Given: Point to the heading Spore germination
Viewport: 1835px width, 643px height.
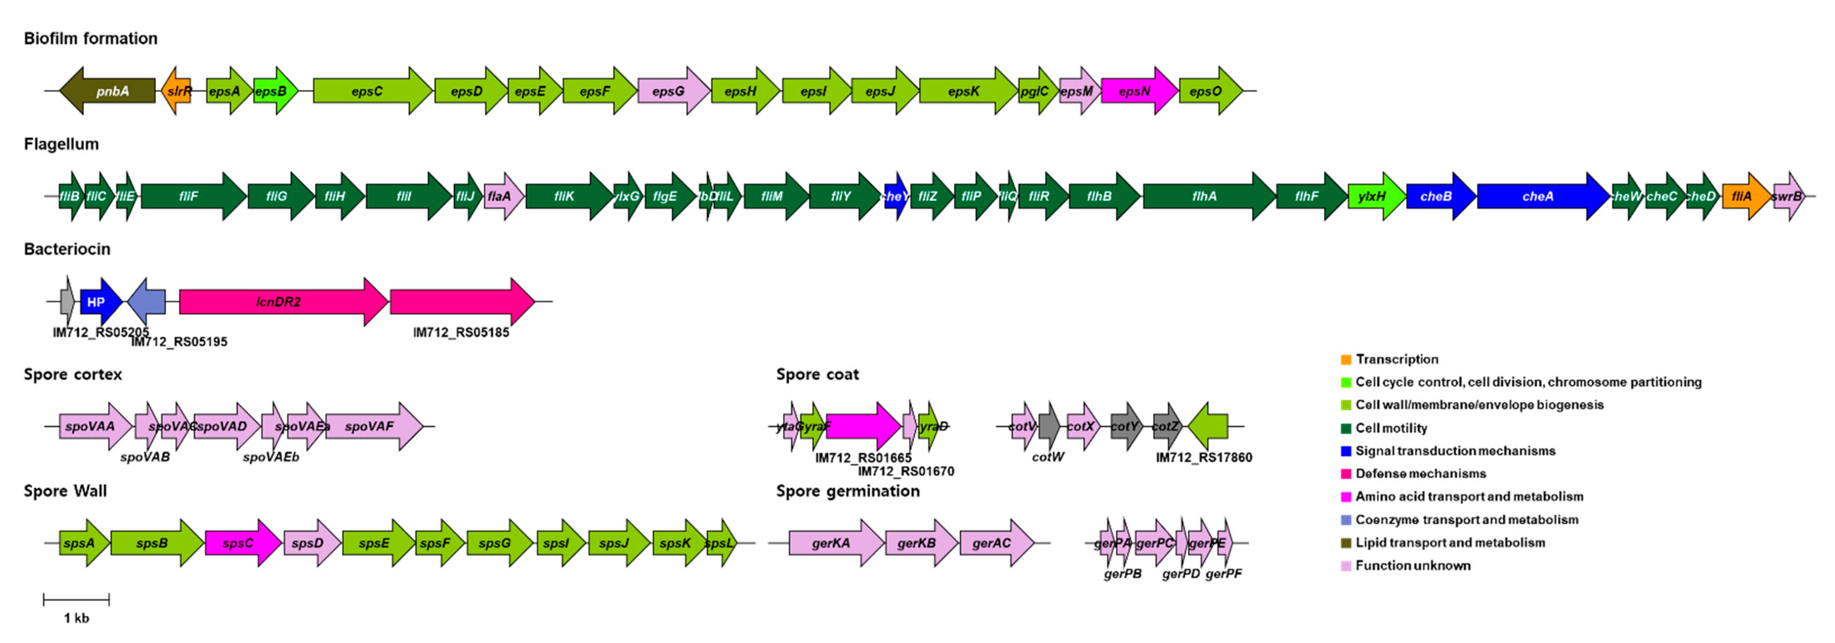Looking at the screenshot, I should coord(848,491).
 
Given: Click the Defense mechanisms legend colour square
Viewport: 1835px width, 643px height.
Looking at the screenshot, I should coord(1346,474).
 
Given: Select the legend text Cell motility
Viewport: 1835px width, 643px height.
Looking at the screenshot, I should coord(1391,428).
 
